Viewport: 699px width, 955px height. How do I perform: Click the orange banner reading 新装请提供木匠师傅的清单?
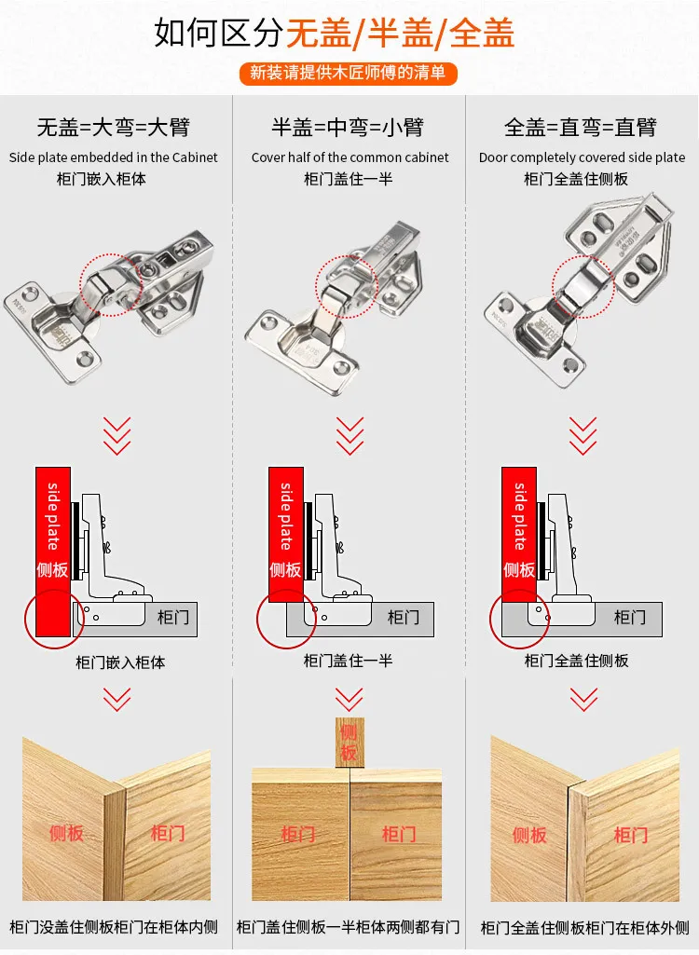click(x=348, y=73)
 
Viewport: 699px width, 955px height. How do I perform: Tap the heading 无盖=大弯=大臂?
click(x=114, y=128)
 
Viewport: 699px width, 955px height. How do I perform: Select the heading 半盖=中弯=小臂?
click(x=348, y=128)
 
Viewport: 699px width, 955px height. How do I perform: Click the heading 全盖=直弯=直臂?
click(x=580, y=128)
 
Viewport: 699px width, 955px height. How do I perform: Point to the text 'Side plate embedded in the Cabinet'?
click(x=114, y=157)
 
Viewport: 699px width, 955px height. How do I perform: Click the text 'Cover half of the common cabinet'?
click(x=349, y=157)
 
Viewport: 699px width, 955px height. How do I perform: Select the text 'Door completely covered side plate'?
click(x=582, y=157)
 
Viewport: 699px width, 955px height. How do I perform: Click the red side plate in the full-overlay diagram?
click(x=518, y=534)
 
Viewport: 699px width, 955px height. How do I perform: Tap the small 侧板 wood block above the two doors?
click(x=349, y=743)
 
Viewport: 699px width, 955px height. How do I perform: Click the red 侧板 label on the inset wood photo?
click(x=66, y=833)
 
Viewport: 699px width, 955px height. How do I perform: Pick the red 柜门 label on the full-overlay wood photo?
click(x=631, y=835)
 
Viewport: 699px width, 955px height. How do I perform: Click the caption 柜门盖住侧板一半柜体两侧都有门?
click(x=348, y=927)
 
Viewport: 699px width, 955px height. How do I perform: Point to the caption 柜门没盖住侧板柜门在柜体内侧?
click(x=114, y=927)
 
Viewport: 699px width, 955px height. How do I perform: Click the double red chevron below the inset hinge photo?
click(x=116, y=436)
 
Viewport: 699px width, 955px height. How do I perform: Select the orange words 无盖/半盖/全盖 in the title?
click(x=401, y=33)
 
